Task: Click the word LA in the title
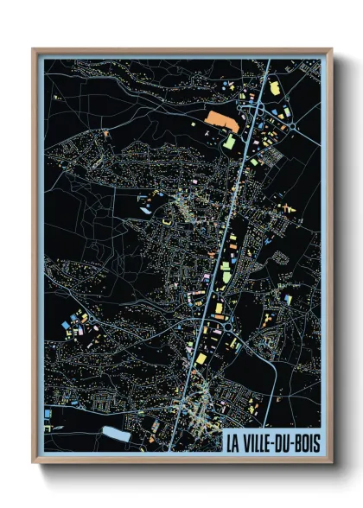pos(233,443)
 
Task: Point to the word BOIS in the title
pos(311,443)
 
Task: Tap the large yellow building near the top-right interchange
pos(276,88)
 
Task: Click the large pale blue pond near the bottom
pos(116,431)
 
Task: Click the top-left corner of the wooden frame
pos(34,50)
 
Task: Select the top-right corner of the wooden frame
pos(331,50)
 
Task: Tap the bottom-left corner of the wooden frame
pos(34,462)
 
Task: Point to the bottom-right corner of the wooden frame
pos(331,462)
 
